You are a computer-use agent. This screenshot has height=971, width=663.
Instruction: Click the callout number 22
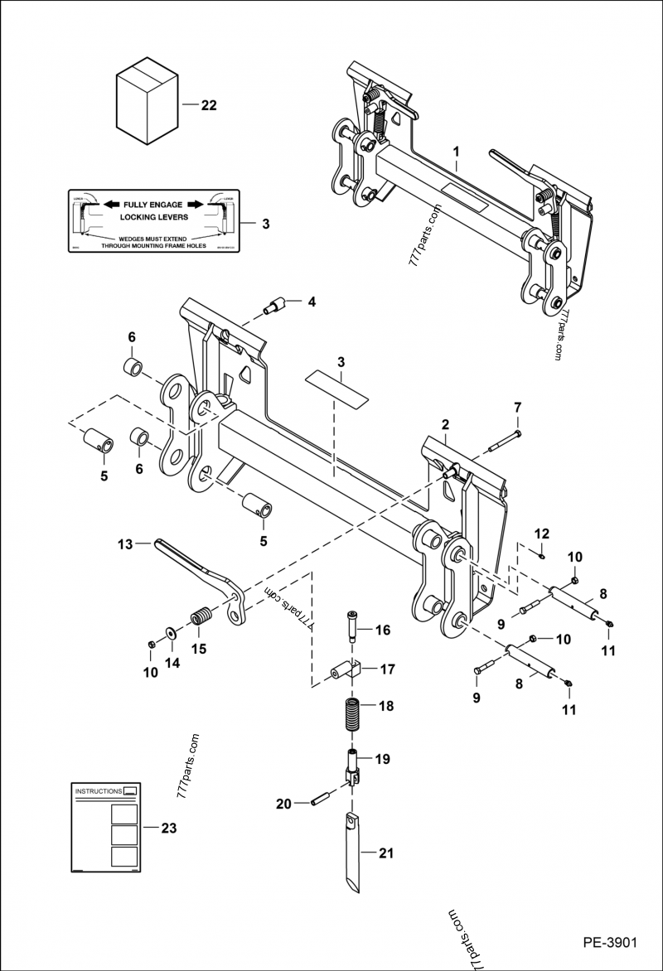(209, 105)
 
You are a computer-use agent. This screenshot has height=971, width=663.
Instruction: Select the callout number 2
(445, 425)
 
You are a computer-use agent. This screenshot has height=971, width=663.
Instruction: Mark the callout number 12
(541, 532)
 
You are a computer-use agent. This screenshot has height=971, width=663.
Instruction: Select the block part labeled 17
(346, 669)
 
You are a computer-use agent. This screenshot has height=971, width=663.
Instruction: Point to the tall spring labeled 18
(353, 713)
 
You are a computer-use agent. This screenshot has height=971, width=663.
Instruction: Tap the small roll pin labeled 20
(321, 800)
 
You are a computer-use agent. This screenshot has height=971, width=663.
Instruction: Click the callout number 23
(168, 827)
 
